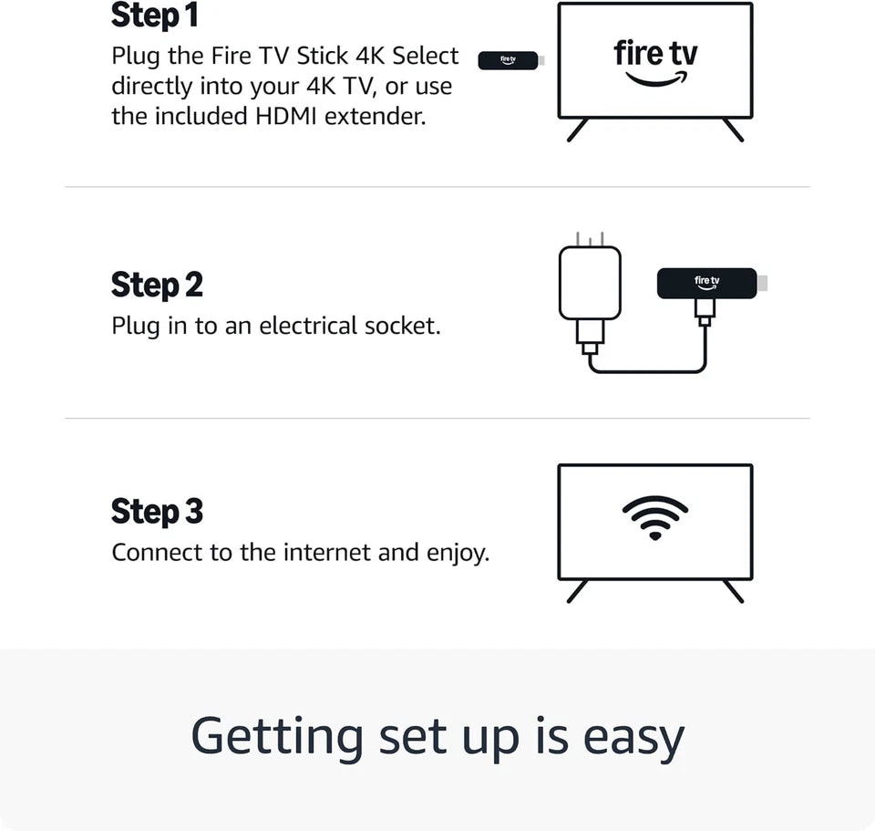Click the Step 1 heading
155,16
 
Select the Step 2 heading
157,285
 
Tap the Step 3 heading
157,511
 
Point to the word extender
375,116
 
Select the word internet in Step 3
327,552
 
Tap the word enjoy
458,554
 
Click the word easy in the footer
634,738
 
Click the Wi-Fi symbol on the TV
655,517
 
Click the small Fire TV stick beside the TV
510,60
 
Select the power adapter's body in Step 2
590,283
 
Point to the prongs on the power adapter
590,239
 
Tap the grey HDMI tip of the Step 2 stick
763,283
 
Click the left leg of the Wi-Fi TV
577,591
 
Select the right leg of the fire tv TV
733,130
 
